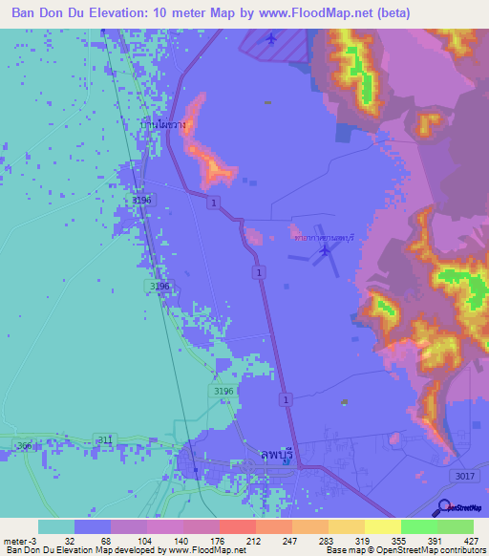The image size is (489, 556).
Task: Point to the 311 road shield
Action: [x=104, y=438]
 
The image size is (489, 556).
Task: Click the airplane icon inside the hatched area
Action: [x=271, y=38]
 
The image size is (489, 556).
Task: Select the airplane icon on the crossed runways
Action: [x=326, y=250]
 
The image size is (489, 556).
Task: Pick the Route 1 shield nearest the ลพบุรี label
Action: [x=286, y=397]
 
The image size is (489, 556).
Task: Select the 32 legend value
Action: [x=70, y=540]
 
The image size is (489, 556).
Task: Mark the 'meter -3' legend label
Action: [x=21, y=540]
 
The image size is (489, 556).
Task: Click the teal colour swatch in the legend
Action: [x=55, y=526]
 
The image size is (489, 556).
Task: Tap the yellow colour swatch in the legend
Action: [x=382, y=526]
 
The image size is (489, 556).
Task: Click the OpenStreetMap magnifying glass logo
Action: [x=442, y=508]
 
